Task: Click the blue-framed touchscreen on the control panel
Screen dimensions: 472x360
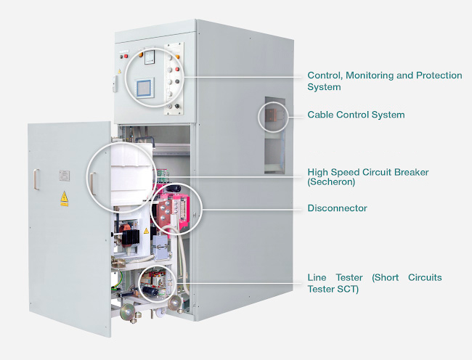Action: (145, 88)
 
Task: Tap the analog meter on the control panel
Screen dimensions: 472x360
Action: (150, 57)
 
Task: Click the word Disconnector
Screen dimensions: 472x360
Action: (337, 208)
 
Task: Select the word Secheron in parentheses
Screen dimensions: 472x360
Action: (331, 182)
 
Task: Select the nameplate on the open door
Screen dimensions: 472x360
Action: (64, 176)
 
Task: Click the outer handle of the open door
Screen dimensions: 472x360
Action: (36, 179)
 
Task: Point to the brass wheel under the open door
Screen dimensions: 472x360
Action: (128, 312)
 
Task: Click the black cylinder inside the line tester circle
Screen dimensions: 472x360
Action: (150, 290)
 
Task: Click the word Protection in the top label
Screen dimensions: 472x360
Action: (439, 75)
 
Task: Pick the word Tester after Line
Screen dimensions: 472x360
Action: (349, 277)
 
